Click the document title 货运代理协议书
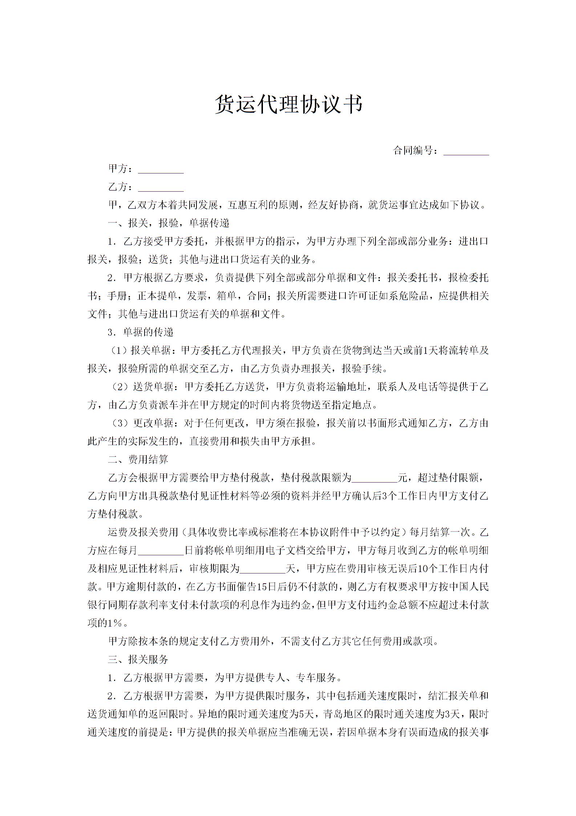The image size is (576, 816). point(289,105)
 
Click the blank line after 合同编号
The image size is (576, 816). point(466,152)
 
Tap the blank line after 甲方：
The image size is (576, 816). point(161,170)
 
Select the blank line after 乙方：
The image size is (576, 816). point(161,188)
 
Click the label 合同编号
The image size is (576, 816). point(413,150)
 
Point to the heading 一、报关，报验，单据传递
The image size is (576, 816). point(169,223)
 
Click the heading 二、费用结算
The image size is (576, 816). point(138,459)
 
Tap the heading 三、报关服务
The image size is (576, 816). point(138,659)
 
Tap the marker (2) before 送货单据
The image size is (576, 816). point(120,387)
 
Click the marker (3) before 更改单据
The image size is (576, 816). point(120,423)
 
